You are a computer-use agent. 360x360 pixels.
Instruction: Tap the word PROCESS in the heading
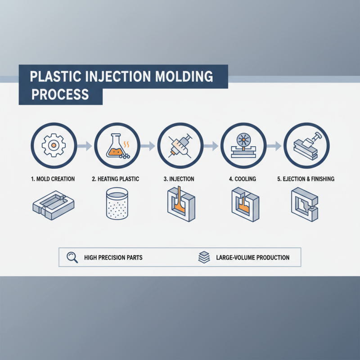[59, 95]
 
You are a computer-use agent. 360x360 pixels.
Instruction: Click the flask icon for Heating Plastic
[115, 145]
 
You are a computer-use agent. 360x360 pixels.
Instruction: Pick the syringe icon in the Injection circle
[179, 145]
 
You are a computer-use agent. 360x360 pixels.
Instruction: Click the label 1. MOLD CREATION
[53, 179]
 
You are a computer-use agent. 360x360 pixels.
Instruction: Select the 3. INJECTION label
[179, 179]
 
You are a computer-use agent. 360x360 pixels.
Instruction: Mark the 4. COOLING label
[242, 179]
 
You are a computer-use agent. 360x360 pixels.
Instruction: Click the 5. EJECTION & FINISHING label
[306, 179]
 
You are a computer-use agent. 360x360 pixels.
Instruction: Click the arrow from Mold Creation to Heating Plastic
[84, 145]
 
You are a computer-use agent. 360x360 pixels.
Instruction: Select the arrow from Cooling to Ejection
[274, 145]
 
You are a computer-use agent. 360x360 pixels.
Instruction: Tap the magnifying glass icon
[72, 257]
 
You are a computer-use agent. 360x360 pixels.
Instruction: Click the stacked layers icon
[204, 257]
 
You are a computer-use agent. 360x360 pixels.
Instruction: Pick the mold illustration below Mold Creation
[53, 205]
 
